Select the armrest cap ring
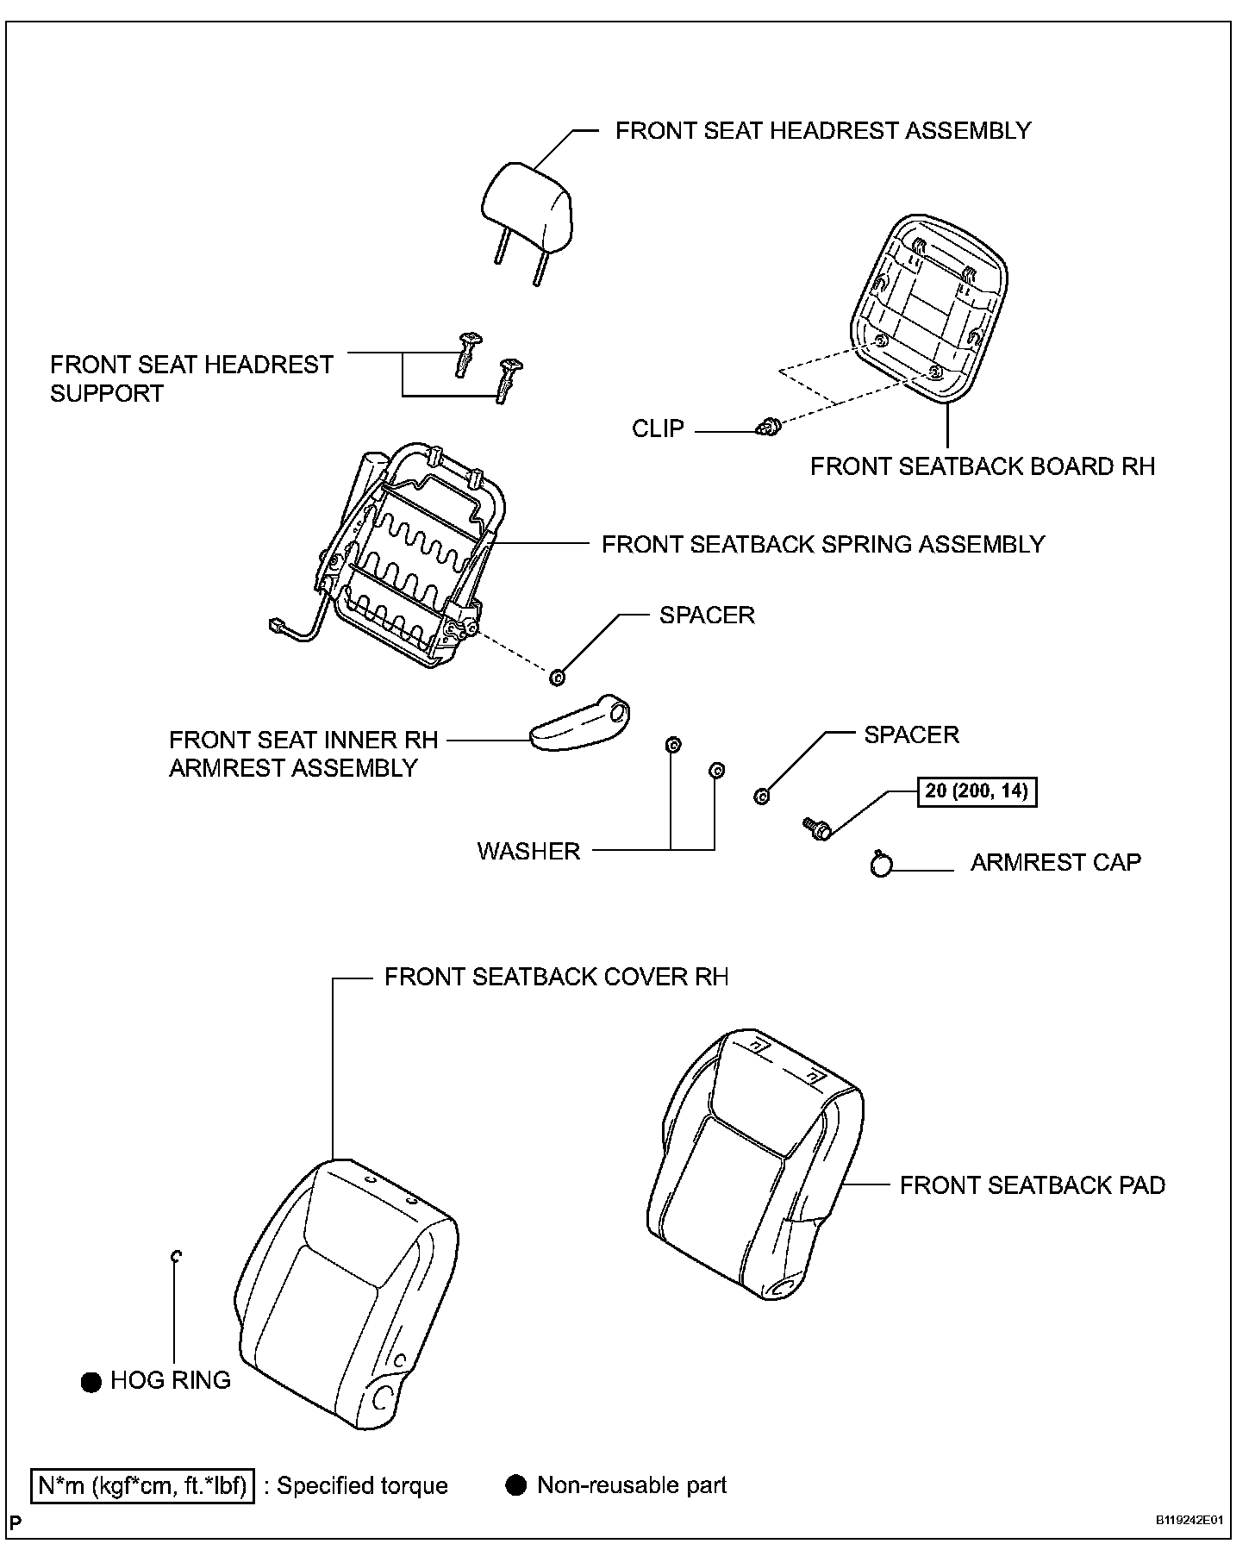pos(881,864)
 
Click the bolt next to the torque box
pos(816,828)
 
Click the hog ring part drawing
pos(175,1258)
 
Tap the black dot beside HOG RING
pos(91,1382)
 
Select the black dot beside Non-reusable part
pos(516,1485)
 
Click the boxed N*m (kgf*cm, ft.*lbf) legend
pos(143,1486)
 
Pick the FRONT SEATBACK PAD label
pos(1032,1185)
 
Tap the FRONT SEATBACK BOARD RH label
pos(982,466)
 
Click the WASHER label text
pos(528,851)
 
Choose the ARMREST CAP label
pos(1055,863)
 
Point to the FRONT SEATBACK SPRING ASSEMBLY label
pos(822,545)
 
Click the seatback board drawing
pos(928,308)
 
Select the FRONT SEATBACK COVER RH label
pos(556,977)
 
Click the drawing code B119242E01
pos(1189,1521)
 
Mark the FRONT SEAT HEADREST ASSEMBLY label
pos(822,131)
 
